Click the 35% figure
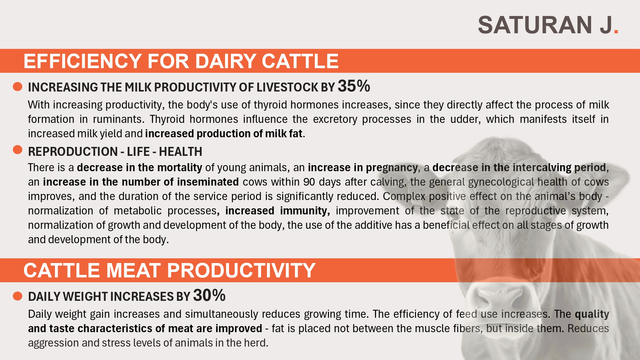354,86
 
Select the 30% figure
209,295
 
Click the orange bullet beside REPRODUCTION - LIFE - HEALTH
18,150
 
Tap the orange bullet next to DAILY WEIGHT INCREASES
18,296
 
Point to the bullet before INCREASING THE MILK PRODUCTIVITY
18,86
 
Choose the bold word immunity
305,211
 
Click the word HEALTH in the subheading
180,152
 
